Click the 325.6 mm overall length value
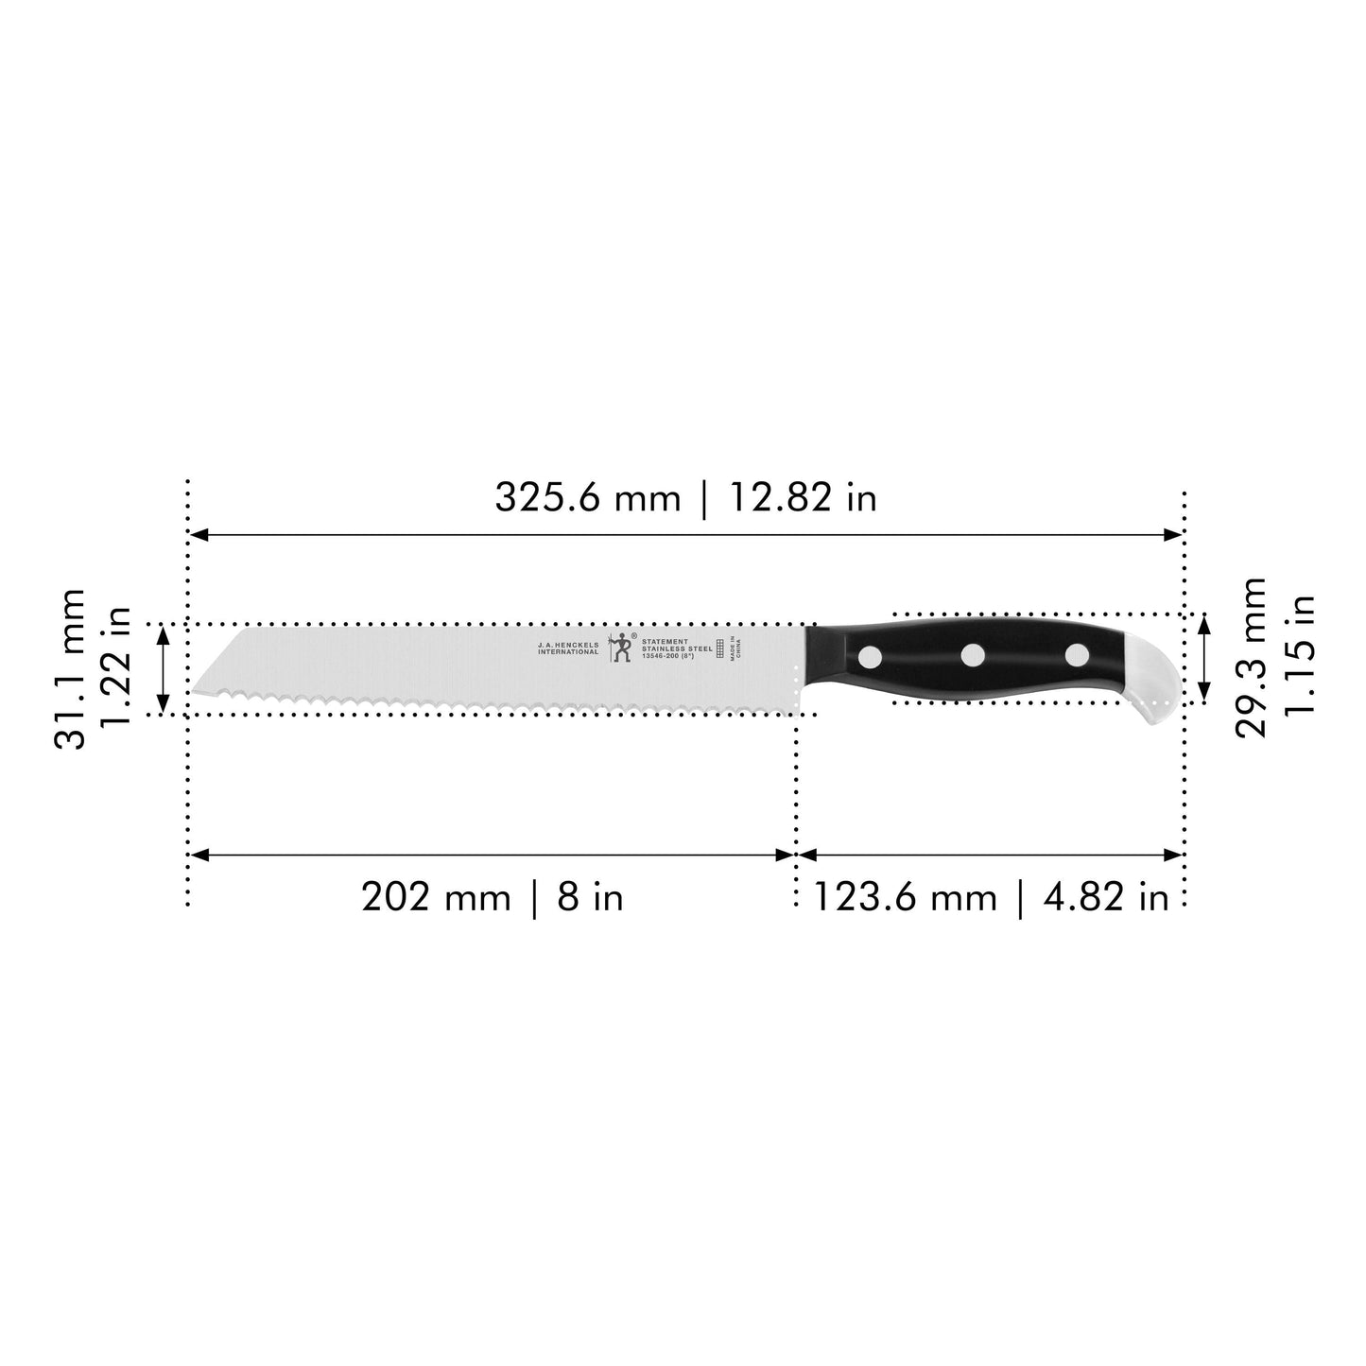click(587, 497)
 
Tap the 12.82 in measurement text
click(802, 497)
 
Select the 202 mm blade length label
click(436, 896)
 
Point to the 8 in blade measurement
click(590, 896)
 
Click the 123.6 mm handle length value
click(905, 896)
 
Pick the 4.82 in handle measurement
click(1106, 896)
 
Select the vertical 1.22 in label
click(114, 669)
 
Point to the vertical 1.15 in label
click(1301, 658)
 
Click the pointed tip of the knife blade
click(196, 692)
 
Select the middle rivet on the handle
click(973, 653)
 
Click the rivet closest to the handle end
click(1077, 653)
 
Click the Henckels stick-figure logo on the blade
click(620, 647)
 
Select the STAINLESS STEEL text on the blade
click(677, 648)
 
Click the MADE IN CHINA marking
click(737, 648)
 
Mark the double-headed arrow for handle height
click(1203, 658)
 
